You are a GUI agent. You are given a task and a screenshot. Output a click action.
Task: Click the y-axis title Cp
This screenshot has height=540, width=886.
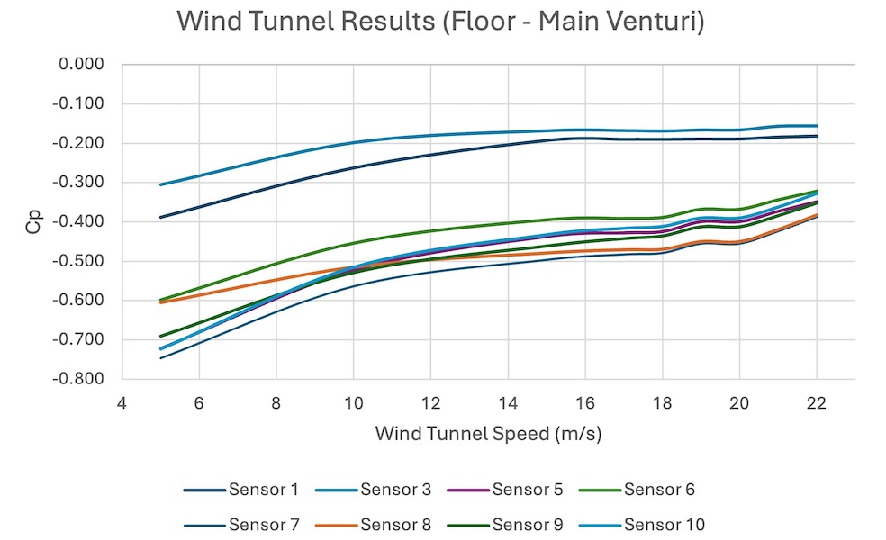click(x=33, y=222)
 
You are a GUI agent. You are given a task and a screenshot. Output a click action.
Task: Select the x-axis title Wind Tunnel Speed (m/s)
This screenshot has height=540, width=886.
click(x=488, y=434)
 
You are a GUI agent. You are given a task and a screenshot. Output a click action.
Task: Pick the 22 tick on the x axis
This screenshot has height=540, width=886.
click(x=816, y=404)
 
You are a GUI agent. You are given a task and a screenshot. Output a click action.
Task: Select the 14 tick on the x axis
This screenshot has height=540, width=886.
click(x=507, y=404)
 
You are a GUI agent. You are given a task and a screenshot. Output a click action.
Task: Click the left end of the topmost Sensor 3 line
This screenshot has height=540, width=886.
click(x=160, y=184)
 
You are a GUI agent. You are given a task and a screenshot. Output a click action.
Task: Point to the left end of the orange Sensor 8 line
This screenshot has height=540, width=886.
click(x=160, y=302)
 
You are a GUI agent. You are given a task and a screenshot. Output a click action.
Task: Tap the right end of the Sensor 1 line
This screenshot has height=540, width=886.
click(x=816, y=136)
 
